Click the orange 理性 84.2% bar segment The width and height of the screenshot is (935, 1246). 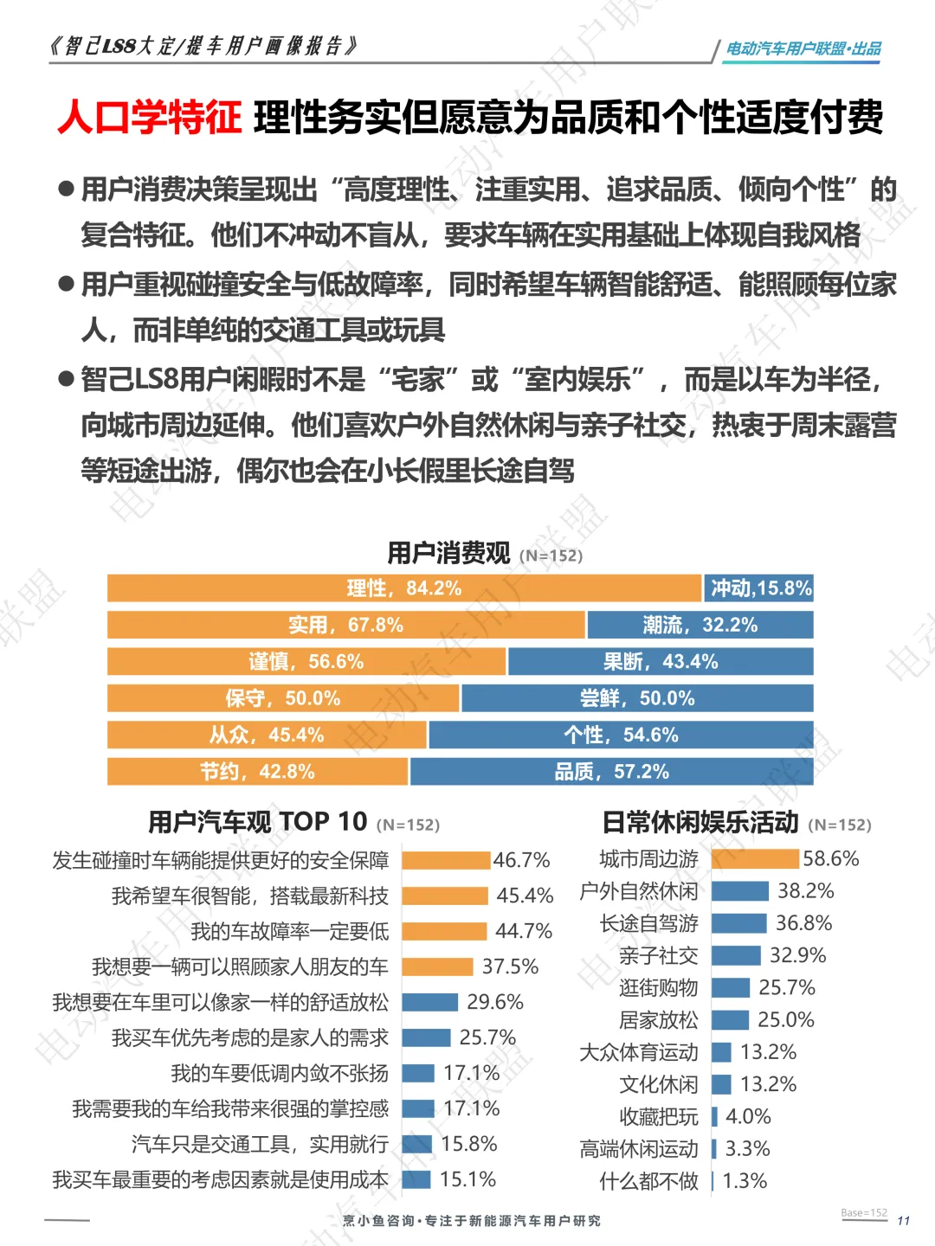[404, 588]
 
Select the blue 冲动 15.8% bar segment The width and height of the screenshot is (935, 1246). [759, 588]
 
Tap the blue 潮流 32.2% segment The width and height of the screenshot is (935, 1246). [700, 625]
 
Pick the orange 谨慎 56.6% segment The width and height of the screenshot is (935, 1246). [306, 661]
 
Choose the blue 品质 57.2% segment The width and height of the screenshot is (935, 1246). [612, 772]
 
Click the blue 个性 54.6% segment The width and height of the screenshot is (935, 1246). [621, 735]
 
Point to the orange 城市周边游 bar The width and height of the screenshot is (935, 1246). [755, 859]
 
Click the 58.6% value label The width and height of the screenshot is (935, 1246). [830, 859]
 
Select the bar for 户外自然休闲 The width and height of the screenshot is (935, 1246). [740, 890]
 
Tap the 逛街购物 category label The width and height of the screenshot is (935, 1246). [659, 988]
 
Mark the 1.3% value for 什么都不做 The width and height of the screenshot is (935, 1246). [745, 1181]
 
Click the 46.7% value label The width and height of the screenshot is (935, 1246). [521, 860]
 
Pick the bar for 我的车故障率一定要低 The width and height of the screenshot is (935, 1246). [444, 931]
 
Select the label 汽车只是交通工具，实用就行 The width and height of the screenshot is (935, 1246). [260, 1144]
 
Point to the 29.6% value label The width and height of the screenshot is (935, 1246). [495, 1002]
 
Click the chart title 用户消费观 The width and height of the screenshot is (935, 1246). [448, 553]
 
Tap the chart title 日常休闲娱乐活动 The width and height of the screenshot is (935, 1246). [700, 822]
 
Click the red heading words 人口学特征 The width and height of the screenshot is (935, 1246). [150, 117]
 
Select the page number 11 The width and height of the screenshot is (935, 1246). [904, 1220]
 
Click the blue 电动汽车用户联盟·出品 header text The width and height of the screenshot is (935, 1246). [804, 48]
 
